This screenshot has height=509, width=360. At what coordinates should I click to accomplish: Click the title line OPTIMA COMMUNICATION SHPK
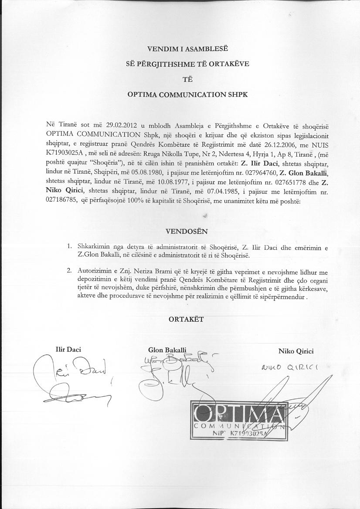pos(187,94)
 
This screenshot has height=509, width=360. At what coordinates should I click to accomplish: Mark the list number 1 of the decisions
pos(69,246)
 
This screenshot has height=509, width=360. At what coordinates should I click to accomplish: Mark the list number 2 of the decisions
pos(69,270)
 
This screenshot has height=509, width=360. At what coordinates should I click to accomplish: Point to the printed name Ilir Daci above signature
pos(68,350)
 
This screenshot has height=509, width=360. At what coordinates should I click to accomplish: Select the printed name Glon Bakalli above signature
pos(167,350)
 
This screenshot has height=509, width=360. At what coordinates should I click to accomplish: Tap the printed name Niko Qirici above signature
pos(296,351)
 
